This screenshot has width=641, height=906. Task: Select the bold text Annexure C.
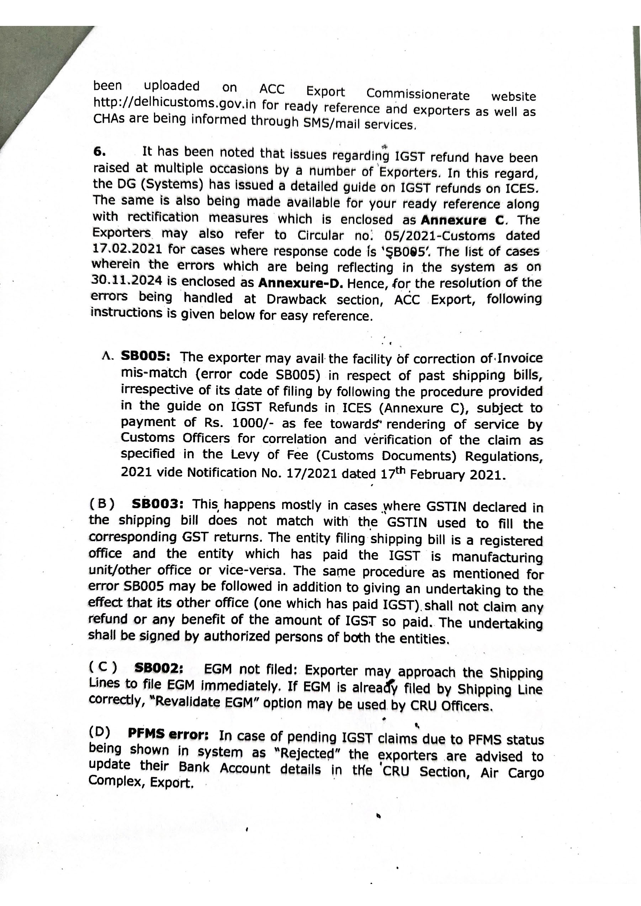click(x=462, y=220)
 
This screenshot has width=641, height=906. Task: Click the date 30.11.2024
click(x=126, y=281)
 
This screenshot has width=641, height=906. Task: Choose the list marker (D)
click(x=99, y=732)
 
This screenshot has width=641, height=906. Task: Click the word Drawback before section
click(x=296, y=300)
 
